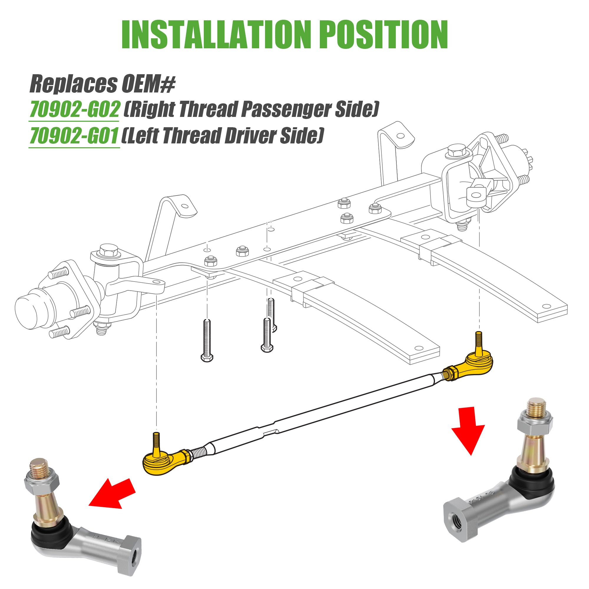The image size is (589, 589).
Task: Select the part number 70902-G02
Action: [x=75, y=110]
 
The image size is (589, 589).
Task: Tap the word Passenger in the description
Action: [x=285, y=109]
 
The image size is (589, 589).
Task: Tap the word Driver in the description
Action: [x=250, y=136]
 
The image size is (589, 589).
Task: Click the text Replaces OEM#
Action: [x=102, y=84]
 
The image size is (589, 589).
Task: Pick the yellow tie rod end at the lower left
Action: [x=163, y=463]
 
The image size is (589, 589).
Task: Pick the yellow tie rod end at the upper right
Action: [x=478, y=364]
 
